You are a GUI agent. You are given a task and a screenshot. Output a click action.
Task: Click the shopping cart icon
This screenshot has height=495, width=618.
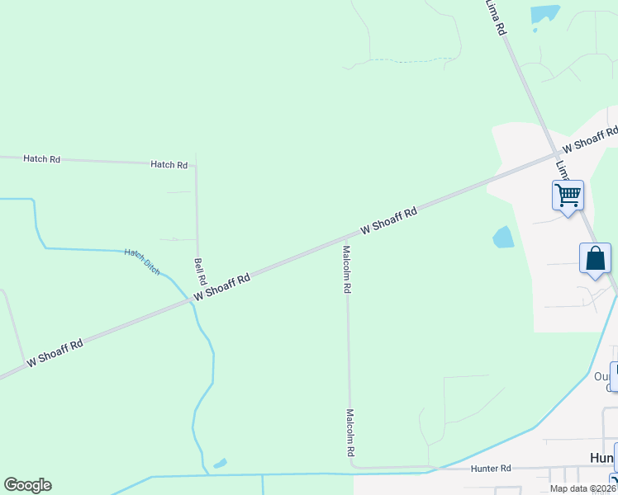[568, 196]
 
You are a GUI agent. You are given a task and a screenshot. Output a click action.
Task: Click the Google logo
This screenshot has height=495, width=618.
[27, 485]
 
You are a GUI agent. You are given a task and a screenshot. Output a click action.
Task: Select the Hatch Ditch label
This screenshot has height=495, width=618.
[142, 261]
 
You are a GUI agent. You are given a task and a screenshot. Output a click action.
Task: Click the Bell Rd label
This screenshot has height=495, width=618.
[199, 271]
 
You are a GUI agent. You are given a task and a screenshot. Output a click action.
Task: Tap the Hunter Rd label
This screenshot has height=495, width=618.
[491, 468]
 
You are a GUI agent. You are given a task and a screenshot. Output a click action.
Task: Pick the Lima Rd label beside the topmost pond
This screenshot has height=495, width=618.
[496, 17]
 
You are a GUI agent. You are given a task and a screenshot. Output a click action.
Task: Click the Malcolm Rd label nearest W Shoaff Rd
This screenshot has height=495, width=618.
[348, 270]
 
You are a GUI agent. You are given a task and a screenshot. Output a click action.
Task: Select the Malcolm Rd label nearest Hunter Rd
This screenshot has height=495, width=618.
[350, 433]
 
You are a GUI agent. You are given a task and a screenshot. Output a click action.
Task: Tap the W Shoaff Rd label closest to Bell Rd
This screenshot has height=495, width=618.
[221, 288]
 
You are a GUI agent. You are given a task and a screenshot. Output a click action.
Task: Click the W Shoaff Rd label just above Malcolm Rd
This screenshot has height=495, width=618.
[388, 220]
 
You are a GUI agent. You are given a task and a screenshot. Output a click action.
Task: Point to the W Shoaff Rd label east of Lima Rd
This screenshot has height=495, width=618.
[590, 138]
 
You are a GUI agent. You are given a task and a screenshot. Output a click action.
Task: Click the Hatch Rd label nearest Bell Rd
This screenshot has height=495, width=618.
[169, 165]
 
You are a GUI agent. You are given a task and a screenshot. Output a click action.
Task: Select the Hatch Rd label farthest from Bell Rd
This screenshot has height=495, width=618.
[41, 158]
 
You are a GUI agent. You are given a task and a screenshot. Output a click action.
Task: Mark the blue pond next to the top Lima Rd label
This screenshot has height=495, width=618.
[544, 14]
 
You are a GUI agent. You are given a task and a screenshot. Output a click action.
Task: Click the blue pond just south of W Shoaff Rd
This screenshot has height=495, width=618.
[503, 238]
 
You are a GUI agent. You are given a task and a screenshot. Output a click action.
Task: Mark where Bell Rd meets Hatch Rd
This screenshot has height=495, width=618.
[196, 164]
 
